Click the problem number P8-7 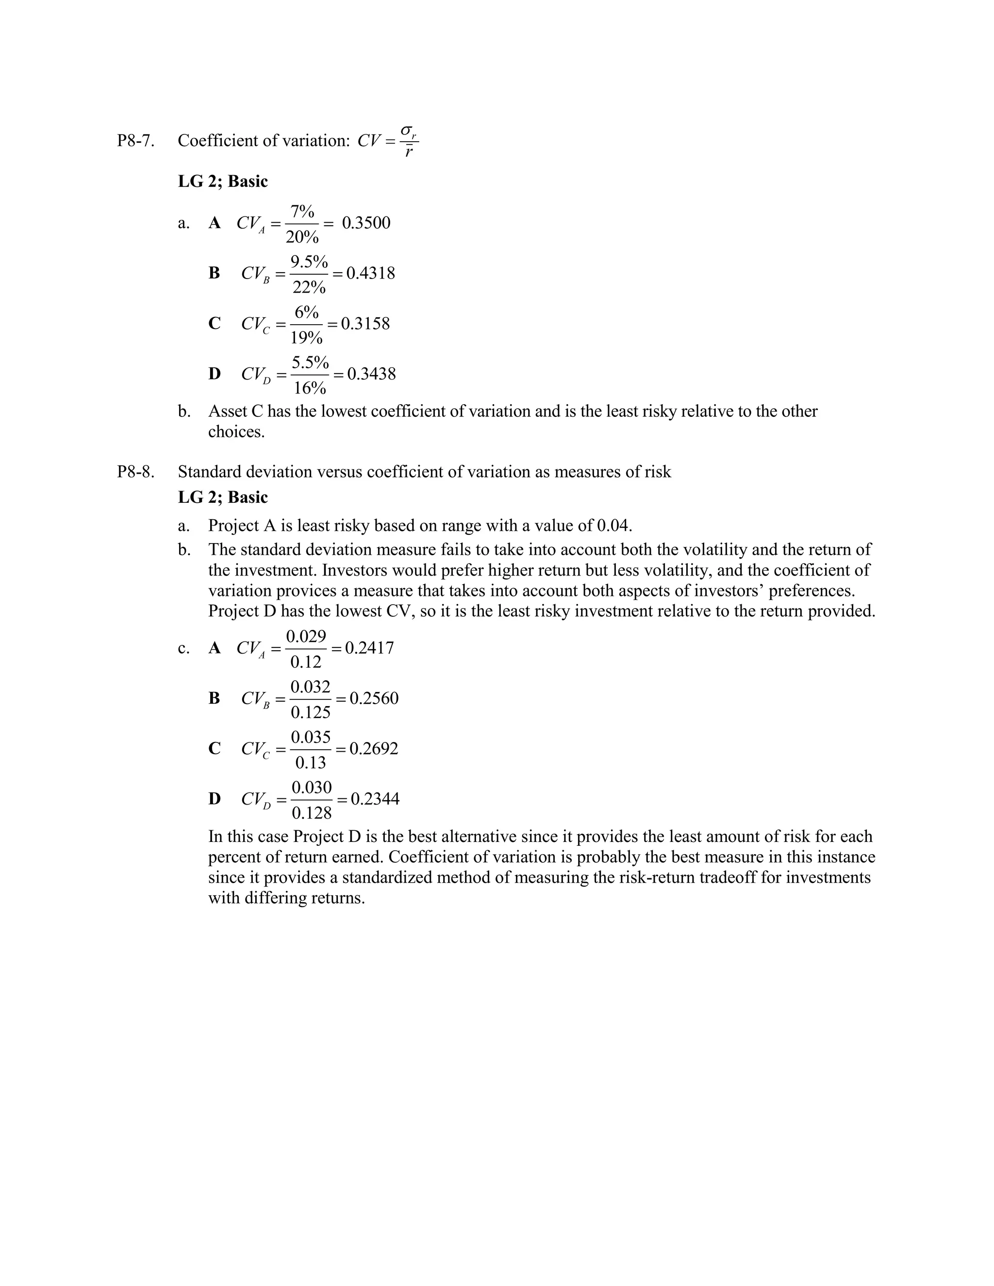(135, 141)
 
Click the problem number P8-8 (135, 472)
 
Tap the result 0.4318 (370, 273)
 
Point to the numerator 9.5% (309, 262)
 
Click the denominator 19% (306, 338)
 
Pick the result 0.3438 (371, 374)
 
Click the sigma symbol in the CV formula (406, 131)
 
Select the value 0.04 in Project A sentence (613, 525)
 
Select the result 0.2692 (373, 749)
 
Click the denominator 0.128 (312, 814)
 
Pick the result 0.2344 (375, 799)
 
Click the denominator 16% (310, 389)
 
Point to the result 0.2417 (369, 648)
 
